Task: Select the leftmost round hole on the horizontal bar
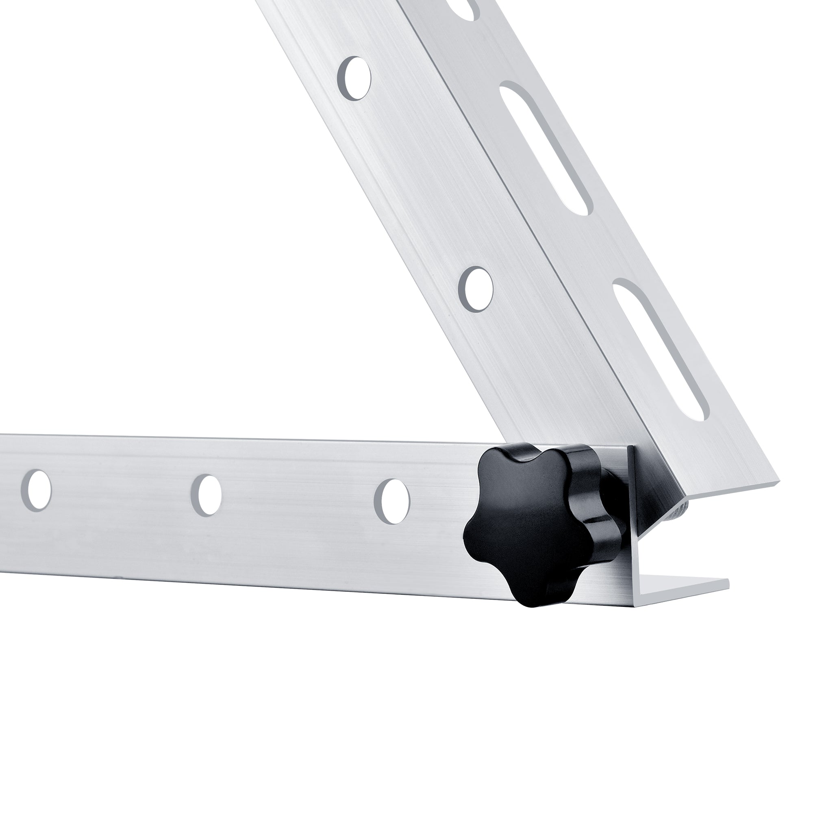[x=36, y=491]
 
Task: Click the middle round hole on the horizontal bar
[x=206, y=495]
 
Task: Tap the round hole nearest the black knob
[x=391, y=501]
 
